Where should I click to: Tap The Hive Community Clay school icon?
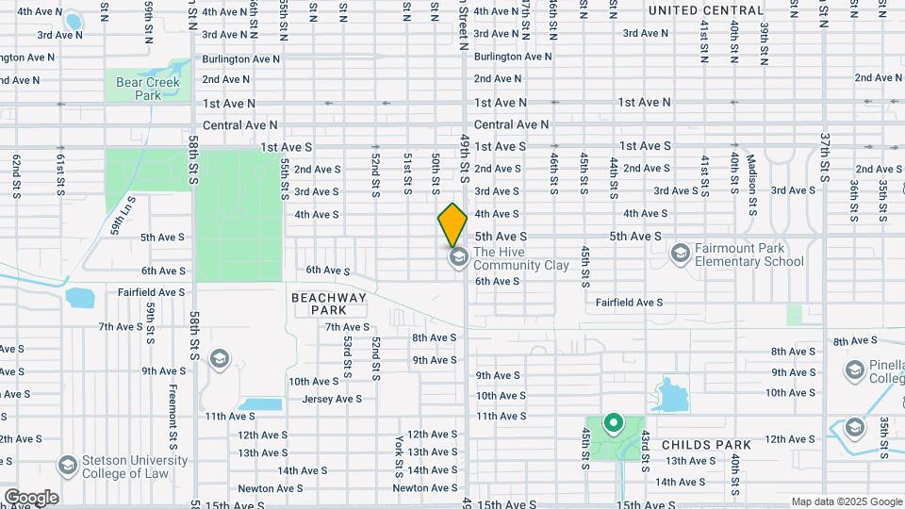click(459, 258)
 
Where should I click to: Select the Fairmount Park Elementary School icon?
click(680, 253)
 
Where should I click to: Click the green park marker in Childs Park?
click(613, 424)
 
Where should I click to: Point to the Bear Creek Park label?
click(141, 89)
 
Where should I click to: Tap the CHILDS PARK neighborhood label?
click(706, 444)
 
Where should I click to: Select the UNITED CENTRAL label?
click(705, 10)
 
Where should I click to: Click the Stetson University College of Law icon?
click(66, 466)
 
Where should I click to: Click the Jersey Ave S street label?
click(332, 399)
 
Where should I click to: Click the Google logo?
click(30, 498)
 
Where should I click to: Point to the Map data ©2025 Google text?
click(846, 501)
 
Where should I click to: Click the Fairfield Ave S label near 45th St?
click(630, 303)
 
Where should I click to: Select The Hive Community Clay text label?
click(521, 258)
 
